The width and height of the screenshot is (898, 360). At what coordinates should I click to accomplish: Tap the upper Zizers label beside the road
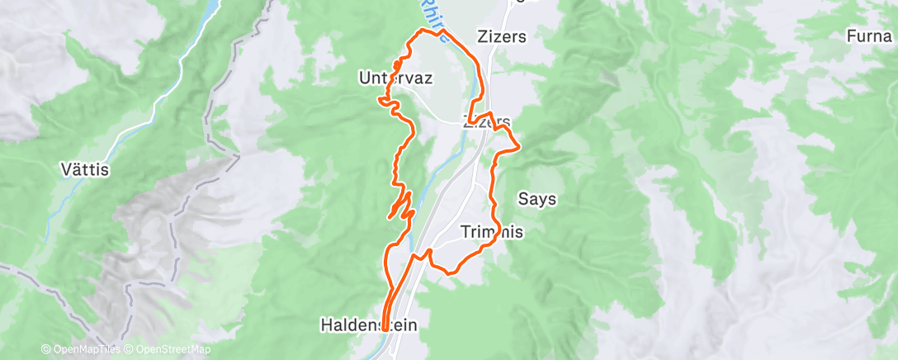coord(502,37)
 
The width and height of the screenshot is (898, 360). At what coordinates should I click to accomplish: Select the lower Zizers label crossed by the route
coord(486,121)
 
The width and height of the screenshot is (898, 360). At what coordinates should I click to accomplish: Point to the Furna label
coord(872,36)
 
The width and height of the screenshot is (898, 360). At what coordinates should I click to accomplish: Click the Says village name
coord(536,199)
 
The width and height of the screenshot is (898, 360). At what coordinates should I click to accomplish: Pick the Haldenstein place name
coord(369,326)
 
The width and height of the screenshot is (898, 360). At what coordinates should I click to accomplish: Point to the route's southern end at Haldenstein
coord(385,333)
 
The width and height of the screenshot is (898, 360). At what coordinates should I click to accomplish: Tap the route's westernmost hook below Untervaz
coord(380,99)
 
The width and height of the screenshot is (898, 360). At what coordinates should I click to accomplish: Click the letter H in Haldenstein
coord(325,326)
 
